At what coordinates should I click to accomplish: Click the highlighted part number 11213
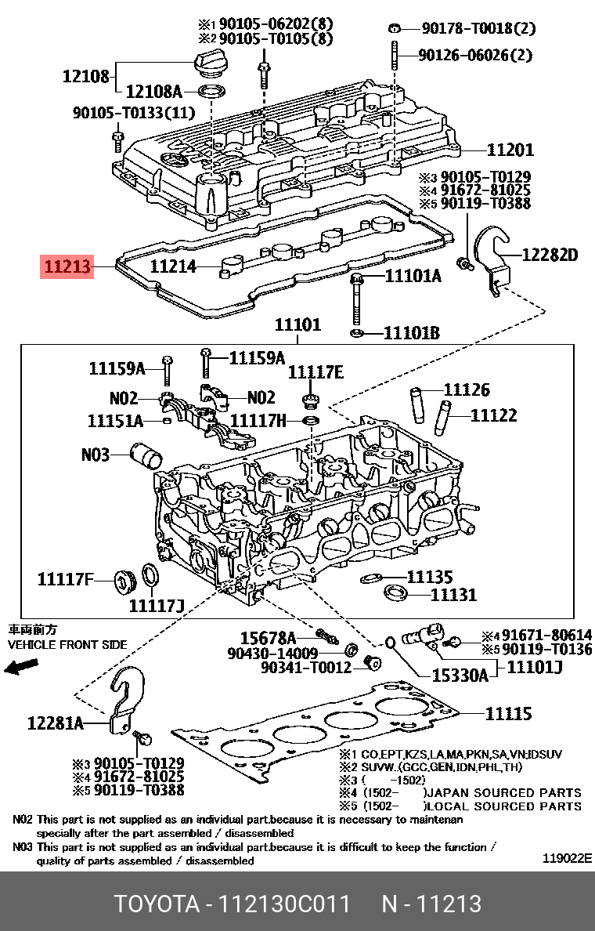68,268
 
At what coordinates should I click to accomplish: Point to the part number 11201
510,150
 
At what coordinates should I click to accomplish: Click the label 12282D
550,255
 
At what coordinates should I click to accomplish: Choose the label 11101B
411,334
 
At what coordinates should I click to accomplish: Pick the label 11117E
316,371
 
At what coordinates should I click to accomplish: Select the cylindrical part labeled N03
148,455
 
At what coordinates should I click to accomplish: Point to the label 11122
493,415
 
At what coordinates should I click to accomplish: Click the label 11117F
66,580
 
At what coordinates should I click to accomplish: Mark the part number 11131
453,595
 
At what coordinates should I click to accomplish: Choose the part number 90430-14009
272,652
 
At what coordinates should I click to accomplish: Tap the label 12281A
55,723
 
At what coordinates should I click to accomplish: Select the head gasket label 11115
508,713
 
